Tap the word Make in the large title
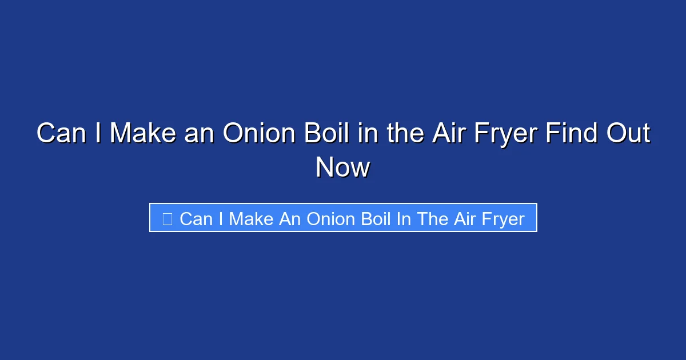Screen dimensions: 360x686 click(x=142, y=134)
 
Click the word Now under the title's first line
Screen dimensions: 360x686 click(x=343, y=167)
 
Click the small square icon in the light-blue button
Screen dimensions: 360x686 click(x=167, y=218)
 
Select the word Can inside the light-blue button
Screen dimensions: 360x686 click(x=196, y=218)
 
